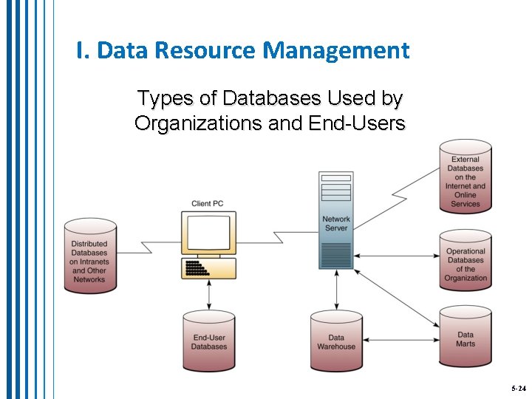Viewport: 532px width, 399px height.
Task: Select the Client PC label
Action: click(x=207, y=204)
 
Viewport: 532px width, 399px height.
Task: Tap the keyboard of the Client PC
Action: click(x=208, y=267)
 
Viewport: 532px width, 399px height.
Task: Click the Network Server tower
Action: click(x=336, y=219)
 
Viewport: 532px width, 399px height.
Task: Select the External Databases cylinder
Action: click(x=465, y=177)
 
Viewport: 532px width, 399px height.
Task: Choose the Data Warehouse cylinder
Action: click(x=336, y=341)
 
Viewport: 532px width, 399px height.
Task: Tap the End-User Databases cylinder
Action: click(x=209, y=341)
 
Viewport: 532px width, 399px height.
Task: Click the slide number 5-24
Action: click(x=518, y=388)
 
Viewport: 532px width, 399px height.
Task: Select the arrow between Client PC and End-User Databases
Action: click(x=209, y=295)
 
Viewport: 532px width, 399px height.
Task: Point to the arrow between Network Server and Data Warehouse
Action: click(x=336, y=289)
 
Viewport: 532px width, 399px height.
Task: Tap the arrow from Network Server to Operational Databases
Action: click(x=395, y=255)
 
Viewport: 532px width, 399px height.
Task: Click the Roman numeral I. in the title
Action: click(x=83, y=51)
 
